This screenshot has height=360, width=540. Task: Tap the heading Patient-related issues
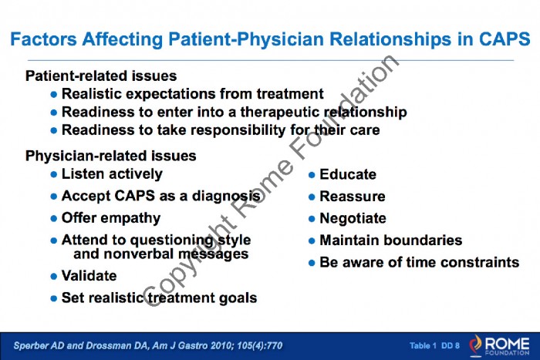(x=101, y=76)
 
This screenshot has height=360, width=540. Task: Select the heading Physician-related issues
(x=111, y=156)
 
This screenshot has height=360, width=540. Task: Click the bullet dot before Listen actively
(x=53, y=174)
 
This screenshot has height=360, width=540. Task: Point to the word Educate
(x=348, y=174)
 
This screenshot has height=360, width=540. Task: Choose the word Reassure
(x=353, y=197)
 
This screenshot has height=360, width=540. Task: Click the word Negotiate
(x=353, y=219)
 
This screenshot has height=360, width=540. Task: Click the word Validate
(x=89, y=276)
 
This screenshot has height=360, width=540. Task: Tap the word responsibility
(x=238, y=130)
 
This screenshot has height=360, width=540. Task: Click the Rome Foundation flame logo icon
(x=476, y=345)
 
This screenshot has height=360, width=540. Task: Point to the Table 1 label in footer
(x=423, y=345)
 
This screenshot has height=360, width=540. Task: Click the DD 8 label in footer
(x=450, y=345)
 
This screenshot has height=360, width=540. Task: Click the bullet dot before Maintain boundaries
(x=312, y=241)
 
